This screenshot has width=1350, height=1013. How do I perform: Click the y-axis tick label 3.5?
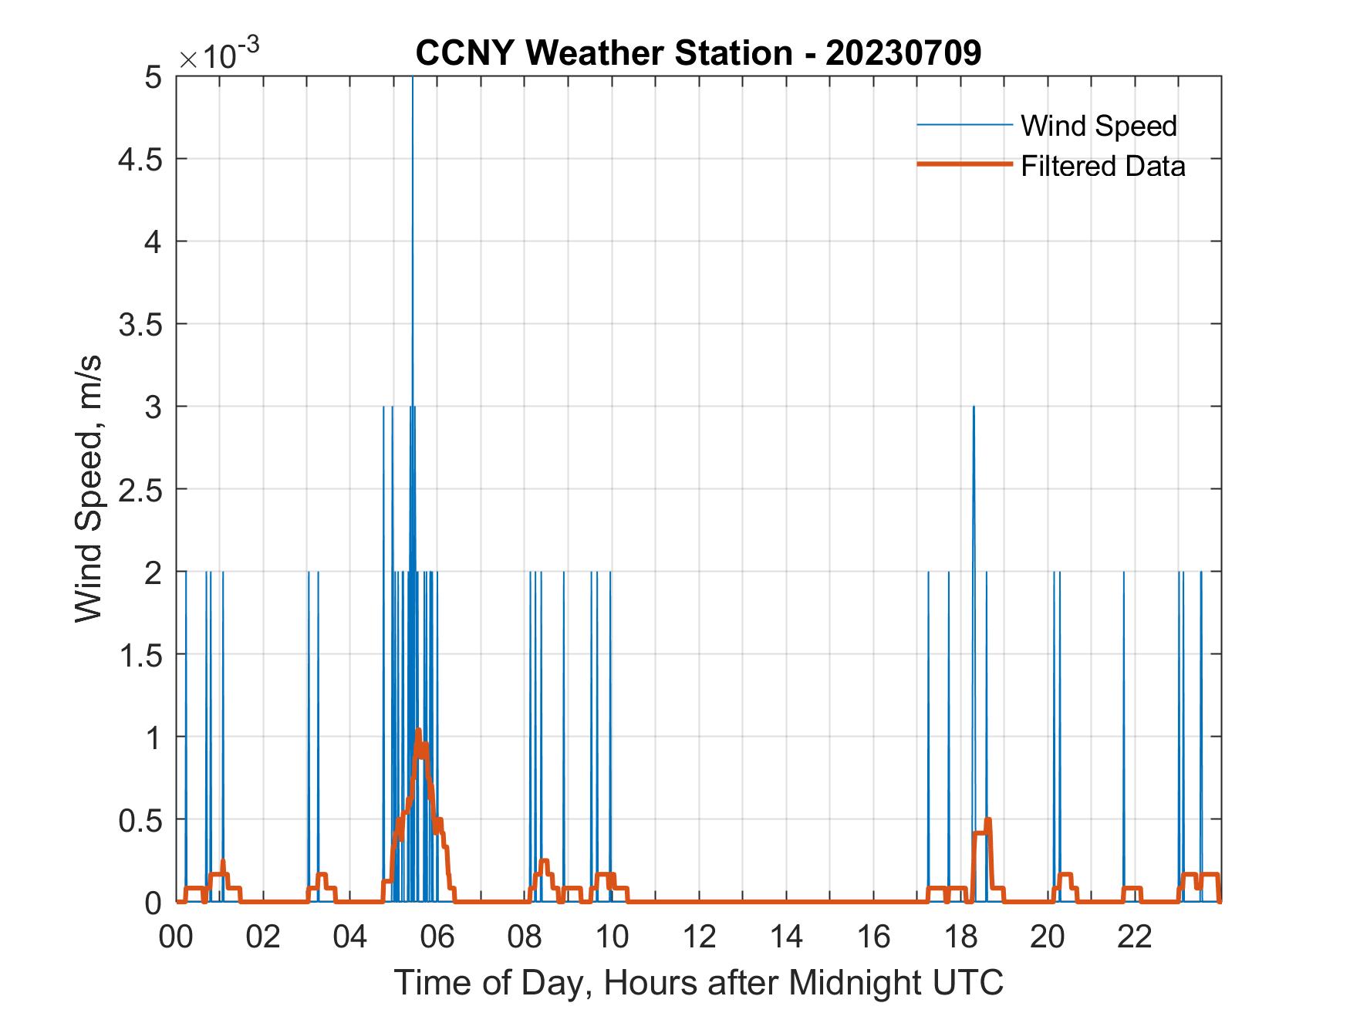(142, 325)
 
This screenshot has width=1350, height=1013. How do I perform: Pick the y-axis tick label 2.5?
(142, 490)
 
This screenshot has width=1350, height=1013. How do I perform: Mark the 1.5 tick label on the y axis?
(142, 655)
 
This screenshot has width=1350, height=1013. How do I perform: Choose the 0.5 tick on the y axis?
(142, 820)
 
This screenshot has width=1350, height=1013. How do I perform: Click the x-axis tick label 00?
(177, 937)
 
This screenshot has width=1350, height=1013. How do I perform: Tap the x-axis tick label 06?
(438, 937)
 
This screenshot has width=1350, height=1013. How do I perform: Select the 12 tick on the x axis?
(700, 937)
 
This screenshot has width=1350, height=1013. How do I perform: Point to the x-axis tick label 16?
(874, 937)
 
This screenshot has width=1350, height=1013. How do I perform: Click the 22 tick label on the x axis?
(1135, 937)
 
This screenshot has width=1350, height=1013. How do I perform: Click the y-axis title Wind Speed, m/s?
(89, 489)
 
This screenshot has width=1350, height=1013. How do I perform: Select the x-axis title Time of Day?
(699, 983)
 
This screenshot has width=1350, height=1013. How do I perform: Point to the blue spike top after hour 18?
(974, 407)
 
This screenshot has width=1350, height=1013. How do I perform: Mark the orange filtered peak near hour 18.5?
(988, 819)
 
